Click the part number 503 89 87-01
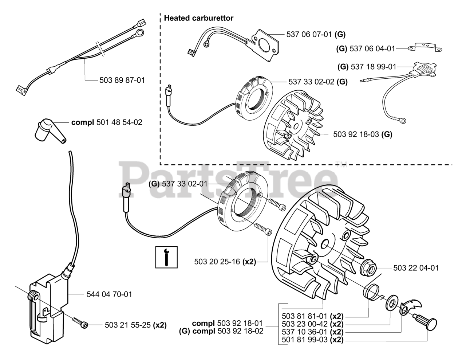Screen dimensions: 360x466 122,80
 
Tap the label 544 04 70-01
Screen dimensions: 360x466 109,294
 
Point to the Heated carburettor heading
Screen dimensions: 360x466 199,18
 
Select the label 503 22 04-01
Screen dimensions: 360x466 416,268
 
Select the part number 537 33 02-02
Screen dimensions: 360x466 312,82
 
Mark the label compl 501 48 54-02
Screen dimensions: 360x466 107,122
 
